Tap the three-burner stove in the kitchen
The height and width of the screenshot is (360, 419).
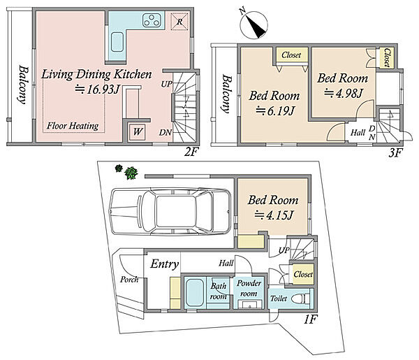152,20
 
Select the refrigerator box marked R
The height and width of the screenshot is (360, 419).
179,22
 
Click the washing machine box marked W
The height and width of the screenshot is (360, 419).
138,131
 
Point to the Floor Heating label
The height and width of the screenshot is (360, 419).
73,126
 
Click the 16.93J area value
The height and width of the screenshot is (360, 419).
97,89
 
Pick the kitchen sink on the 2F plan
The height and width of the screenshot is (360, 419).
117,42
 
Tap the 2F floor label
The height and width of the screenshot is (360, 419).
191,152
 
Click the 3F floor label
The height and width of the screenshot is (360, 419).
395,153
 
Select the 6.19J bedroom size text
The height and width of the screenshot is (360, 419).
275,110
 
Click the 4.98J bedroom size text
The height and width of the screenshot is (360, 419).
344,94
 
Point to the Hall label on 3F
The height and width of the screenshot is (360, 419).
358,132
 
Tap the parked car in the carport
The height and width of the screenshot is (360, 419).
171,211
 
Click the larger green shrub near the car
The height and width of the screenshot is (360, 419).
131,173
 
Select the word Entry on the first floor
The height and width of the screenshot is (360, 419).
164,264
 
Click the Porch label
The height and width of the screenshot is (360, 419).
129,280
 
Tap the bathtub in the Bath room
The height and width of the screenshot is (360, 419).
196,293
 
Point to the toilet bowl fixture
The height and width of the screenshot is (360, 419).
301,298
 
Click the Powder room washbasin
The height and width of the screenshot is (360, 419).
249,304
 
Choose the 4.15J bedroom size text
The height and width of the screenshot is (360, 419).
274,215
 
